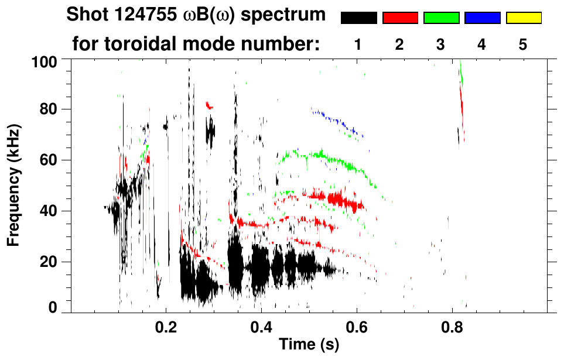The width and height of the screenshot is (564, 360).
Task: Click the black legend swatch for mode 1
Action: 358,18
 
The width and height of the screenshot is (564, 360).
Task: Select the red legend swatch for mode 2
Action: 399,18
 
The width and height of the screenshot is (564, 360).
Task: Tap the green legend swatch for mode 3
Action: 441,18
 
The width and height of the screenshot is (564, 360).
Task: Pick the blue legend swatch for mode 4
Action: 482,18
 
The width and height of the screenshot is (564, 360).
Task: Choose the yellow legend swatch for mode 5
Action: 523,18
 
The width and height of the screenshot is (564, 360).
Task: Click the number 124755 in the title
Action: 143,14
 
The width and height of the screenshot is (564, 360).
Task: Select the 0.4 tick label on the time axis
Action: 261,325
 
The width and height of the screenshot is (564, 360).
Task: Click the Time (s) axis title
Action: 308,345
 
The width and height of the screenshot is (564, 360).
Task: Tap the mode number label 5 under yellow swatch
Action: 523,45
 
